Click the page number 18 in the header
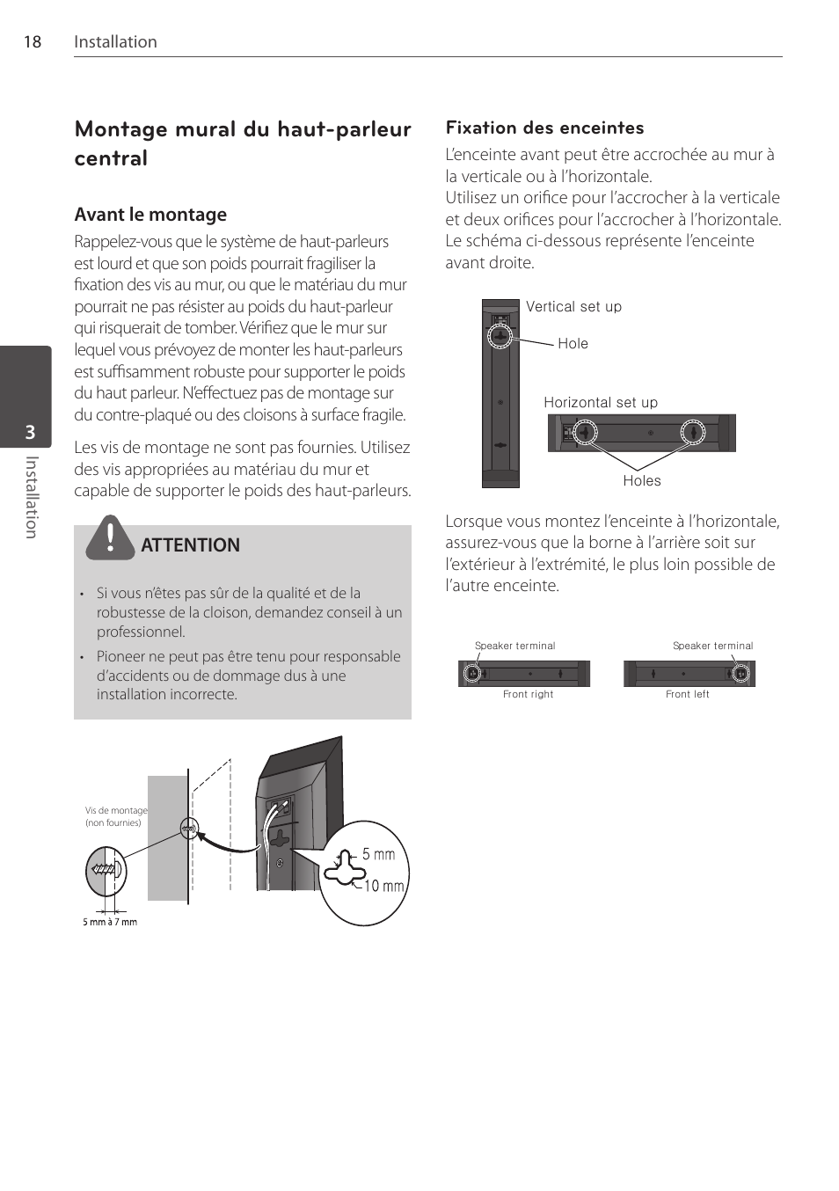point(32,42)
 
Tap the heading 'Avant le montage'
point(150,215)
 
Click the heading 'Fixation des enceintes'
point(544,128)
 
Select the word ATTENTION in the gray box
point(190,545)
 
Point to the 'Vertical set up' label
point(573,307)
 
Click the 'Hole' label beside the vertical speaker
point(573,344)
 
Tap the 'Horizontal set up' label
point(601,403)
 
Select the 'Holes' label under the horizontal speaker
point(642,481)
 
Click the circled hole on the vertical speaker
point(500,335)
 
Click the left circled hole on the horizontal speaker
point(585,432)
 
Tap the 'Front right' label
point(529,694)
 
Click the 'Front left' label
point(688,694)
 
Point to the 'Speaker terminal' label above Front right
point(515,646)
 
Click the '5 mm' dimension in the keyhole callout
point(378,854)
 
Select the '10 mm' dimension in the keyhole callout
point(384,886)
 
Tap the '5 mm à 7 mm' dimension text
point(110,922)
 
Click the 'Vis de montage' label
point(116,811)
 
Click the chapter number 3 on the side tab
point(30,432)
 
